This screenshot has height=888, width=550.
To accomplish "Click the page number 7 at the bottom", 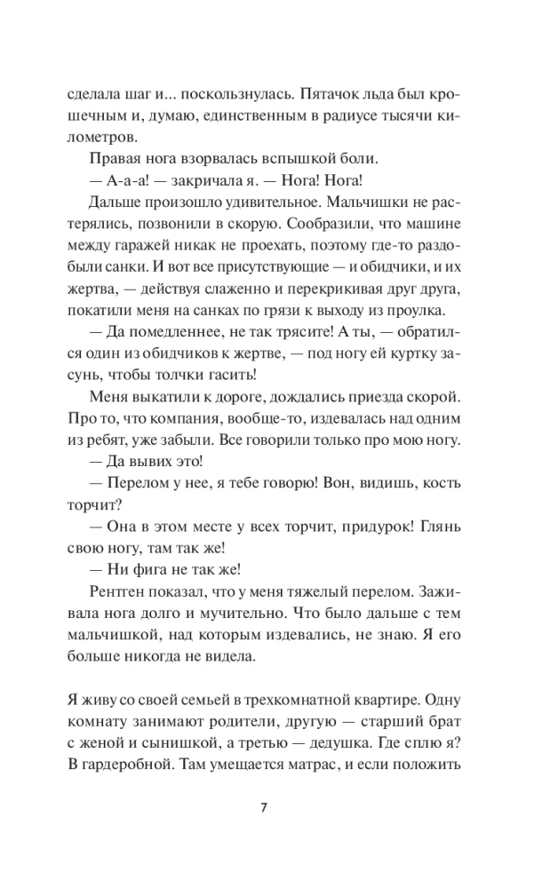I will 275,807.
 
